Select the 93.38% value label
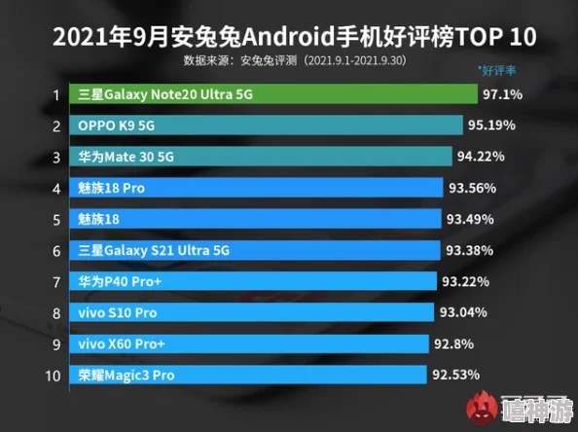click(x=469, y=250)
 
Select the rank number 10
click(x=54, y=375)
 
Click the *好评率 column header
click(x=498, y=71)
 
